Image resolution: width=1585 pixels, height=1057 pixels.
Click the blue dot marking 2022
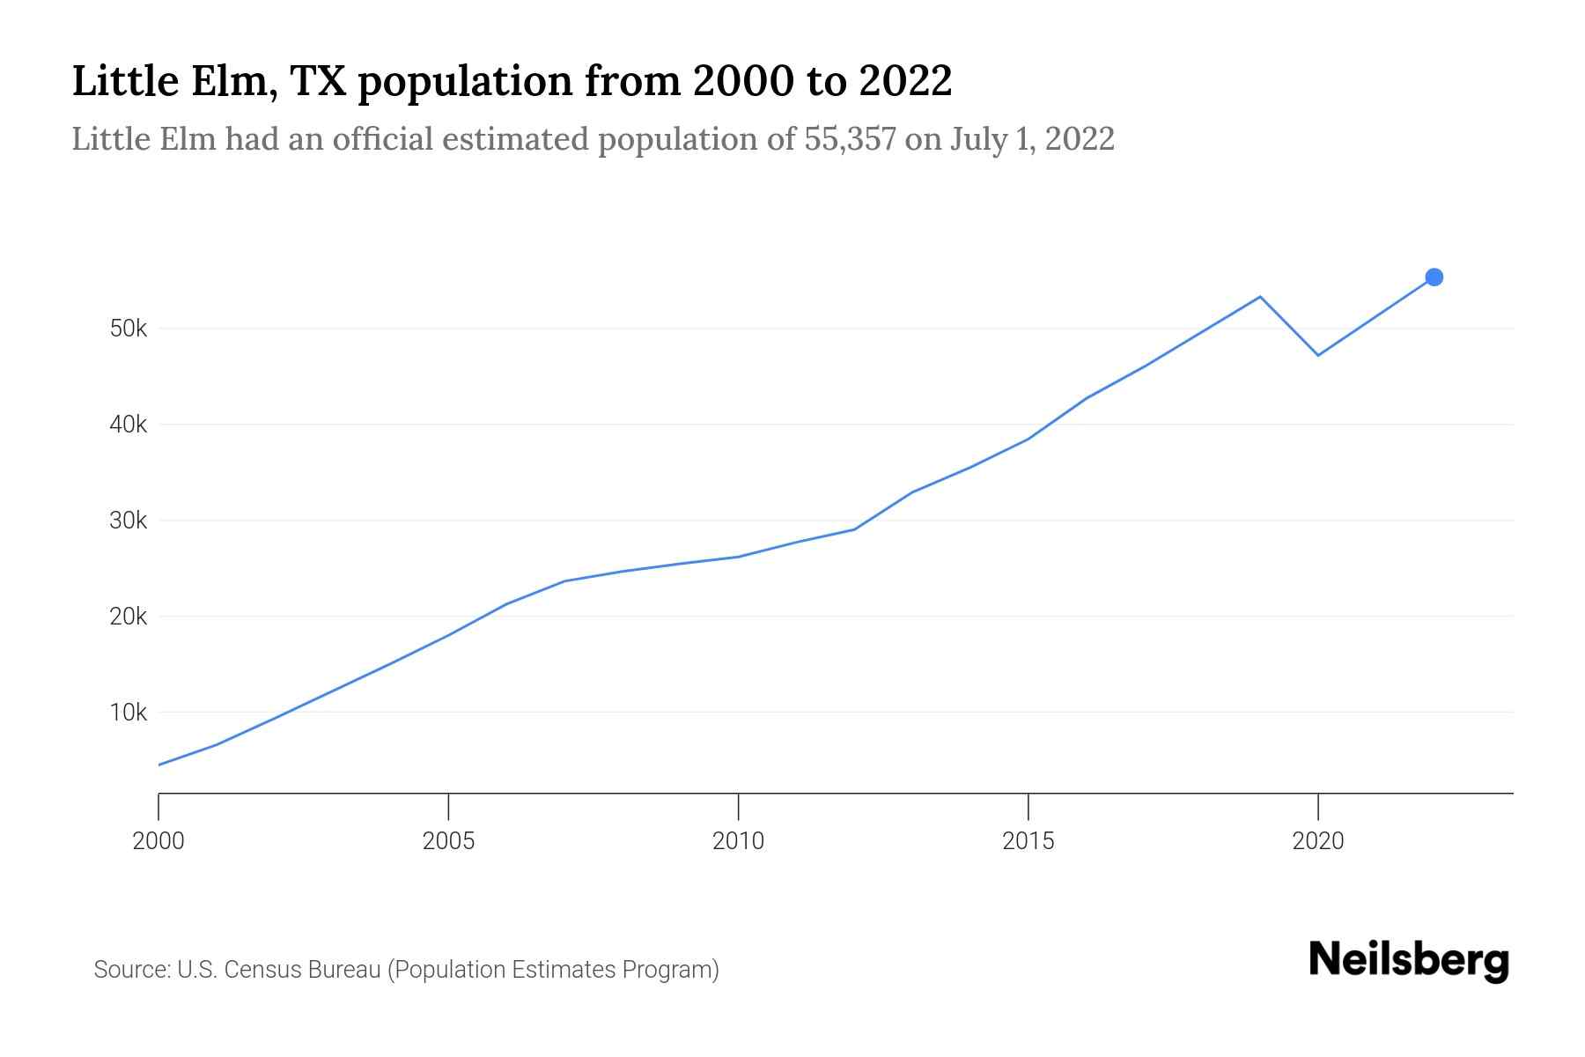1434,277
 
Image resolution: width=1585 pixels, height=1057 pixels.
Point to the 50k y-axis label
129,329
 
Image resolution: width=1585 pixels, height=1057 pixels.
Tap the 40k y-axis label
129,425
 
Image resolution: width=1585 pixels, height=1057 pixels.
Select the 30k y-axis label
129,521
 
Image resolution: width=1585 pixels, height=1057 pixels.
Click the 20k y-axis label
129,617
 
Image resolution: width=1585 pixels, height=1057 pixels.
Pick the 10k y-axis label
129,713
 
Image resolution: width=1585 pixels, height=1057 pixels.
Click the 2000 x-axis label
158,841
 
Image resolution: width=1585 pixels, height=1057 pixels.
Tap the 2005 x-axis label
448,841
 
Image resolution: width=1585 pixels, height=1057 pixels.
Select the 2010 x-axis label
738,841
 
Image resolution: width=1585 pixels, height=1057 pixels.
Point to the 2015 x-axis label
1028,841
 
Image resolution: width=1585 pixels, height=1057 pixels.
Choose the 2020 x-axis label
1317,841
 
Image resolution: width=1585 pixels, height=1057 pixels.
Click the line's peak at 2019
1260,297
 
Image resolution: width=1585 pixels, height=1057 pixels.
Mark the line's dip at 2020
1317,355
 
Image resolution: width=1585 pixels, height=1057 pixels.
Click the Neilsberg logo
1409,960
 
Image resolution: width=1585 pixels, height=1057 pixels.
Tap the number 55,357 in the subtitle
850,139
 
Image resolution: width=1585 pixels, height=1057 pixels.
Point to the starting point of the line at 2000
159,765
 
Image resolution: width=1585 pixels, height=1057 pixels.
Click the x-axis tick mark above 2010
738,805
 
